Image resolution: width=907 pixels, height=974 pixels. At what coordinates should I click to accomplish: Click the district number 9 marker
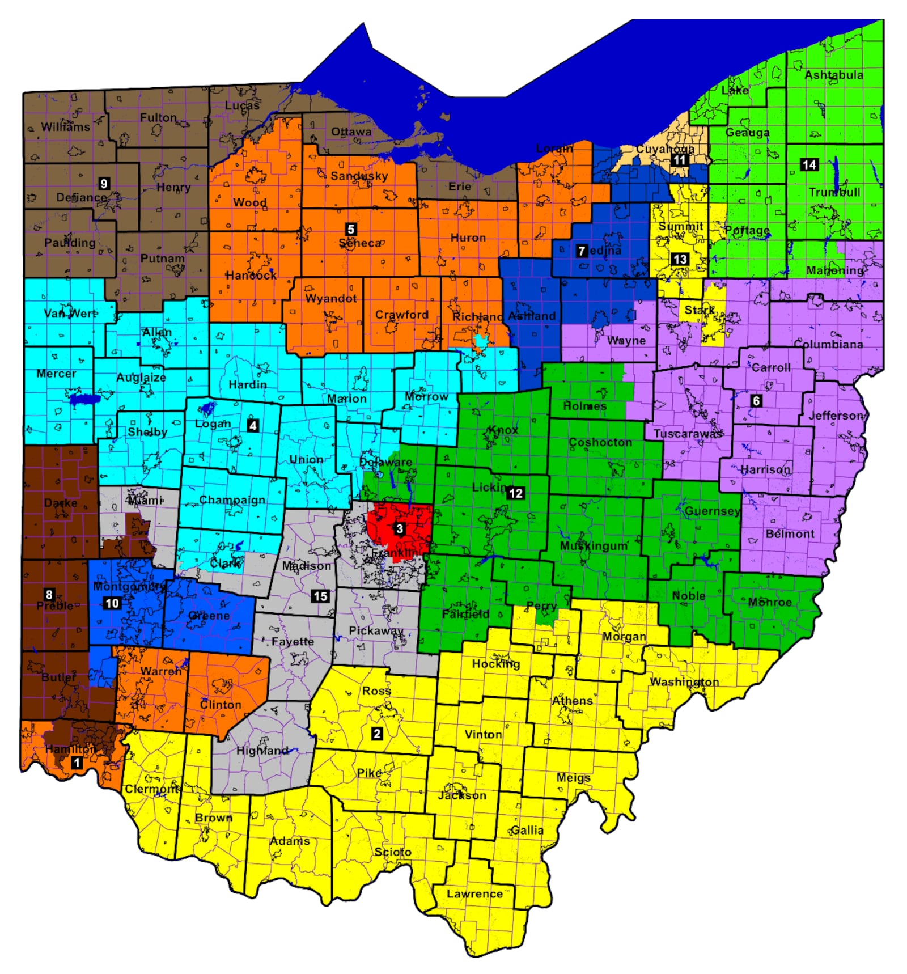pyautogui.click(x=104, y=183)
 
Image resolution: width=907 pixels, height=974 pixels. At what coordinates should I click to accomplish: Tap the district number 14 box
pyautogui.click(x=809, y=164)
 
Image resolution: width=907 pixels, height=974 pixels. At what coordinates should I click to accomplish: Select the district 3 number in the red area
pyautogui.click(x=400, y=528)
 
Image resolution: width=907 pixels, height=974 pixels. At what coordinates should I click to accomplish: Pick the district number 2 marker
pyautogui.click(x=376, y=734)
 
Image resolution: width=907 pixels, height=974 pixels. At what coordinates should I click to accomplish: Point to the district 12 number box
pyautogui.click(x=515, y=493)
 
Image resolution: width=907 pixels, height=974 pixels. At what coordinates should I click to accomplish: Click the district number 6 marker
pyautogui.click(x=756, y=401)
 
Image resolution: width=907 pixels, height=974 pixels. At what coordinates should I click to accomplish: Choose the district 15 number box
pyautogui.click(x=320, y=596)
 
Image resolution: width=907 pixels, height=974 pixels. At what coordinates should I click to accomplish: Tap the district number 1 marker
pyautogui.click(x=77, y=763)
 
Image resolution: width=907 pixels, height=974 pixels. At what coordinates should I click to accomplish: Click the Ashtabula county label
pyautogui.click(x=834, y=75)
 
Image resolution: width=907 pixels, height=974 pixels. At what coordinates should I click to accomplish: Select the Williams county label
pyautogui.click(x=65, y=126)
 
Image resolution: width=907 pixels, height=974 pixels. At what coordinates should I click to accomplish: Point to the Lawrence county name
pyautogui.click(x=474, y=894)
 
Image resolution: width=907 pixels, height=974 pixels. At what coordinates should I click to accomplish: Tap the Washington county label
pyautogui.click(x=684, y=681)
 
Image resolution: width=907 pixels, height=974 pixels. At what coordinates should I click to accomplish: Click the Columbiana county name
pyautogui.click(x=828, y=344)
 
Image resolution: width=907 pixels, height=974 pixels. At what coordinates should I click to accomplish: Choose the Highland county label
pyautogui.click(x=262, y=750)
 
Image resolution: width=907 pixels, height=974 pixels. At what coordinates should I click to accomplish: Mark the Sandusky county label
pyautogui.click(x=359, y=176)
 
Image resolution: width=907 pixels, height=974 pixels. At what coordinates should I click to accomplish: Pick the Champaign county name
pyautogui.click(x=232, y=500)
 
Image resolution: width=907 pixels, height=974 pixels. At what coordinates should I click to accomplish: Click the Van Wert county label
pyautogui.click(x=70, y=313)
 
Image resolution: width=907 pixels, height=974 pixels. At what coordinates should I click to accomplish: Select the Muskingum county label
pyautogui.click(x=594, y=545)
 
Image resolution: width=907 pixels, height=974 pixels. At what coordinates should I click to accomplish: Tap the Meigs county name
pyautogui.click(x=573, y=777)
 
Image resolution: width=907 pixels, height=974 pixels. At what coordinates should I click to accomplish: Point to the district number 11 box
pyautogui.click(x=679, y=160)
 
